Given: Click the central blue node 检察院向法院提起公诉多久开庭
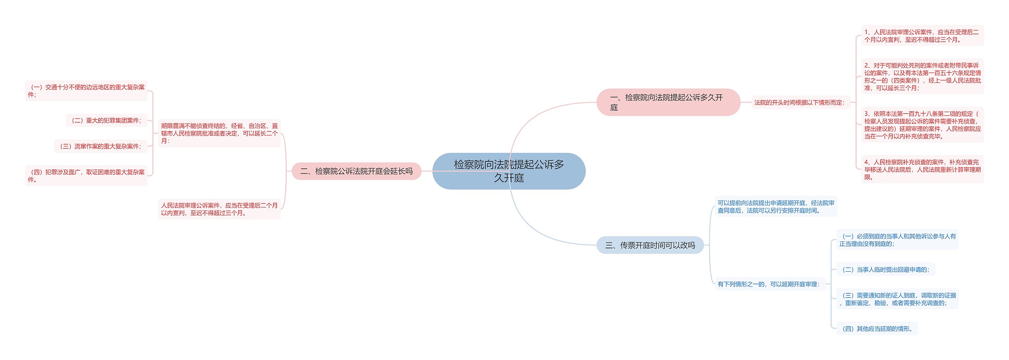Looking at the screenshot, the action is click(508, 171).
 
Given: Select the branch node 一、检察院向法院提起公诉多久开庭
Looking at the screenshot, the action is click(668, 102).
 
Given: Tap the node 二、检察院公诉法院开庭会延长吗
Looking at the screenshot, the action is click(356, 171).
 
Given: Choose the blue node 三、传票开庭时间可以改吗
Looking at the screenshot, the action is click(650, 245).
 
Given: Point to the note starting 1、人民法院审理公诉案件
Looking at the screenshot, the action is click(922, 36).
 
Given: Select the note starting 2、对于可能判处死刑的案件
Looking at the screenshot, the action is click(922, 76).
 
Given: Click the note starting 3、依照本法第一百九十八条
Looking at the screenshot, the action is click(922, 125).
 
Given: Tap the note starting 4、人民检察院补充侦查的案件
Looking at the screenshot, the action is click(922, 170).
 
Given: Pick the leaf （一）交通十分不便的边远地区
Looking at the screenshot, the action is click(86, 91).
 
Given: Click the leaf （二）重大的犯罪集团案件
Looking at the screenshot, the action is click(106, 121).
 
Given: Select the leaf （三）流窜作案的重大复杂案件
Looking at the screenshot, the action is click(101, 146).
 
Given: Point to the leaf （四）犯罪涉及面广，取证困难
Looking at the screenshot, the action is click(86, 176).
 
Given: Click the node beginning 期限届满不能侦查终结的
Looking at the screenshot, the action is click(219, 133).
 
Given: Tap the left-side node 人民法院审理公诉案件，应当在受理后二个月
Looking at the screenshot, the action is click(219, 209).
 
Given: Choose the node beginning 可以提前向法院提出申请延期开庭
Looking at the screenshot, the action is click(776, 207).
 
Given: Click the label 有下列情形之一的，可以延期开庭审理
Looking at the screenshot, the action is click(769, 284).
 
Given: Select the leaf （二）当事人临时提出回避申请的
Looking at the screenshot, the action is click(886, 270).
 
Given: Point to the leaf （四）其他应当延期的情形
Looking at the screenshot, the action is click(877, 329).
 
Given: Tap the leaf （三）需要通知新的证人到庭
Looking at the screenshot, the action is click(897, 299).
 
